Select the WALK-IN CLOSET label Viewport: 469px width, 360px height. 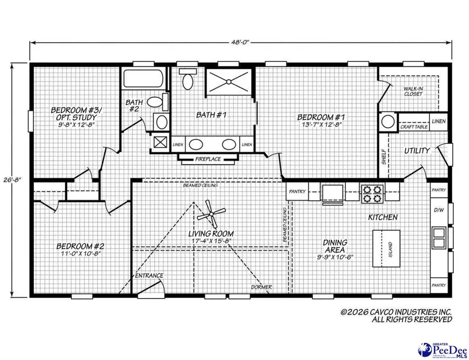[x=413, y=91]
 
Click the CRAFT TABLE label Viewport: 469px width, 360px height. [x=414, y=127]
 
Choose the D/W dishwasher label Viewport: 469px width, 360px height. [x=439, y=211]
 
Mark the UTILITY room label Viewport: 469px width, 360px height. [x=417, y=151]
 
